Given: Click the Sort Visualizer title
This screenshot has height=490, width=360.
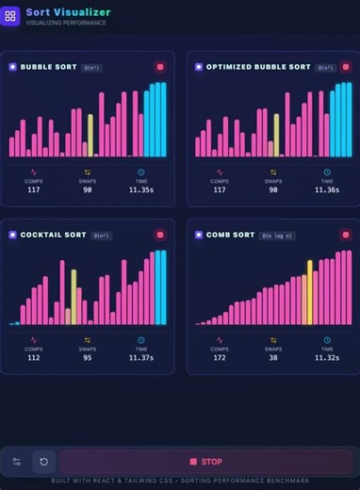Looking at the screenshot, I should (68, 12).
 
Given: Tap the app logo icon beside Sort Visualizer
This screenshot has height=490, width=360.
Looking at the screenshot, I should (11, 16).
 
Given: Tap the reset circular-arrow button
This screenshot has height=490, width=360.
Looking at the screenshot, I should (43, 462).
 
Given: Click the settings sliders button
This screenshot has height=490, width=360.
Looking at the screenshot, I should (16, 462).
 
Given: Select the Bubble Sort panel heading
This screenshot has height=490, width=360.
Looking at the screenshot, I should (48, 67).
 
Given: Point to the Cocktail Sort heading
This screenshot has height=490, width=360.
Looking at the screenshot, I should (53, 235).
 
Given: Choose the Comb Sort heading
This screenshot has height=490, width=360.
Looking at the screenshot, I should (230, 235).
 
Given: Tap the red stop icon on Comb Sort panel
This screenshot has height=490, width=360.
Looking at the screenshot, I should (346, 235).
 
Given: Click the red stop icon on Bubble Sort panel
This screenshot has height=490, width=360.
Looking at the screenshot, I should (160, 67).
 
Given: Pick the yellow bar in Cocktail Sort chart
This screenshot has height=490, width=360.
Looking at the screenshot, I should (74, 297).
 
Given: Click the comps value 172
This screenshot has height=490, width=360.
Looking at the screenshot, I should (219, 357).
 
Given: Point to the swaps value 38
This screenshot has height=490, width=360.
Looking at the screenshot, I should (273, 357).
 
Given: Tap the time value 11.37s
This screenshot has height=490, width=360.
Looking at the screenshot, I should (141, 357).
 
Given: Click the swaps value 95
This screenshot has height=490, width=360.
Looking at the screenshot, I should (88, 357).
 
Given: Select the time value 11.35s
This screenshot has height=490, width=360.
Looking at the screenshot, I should (141, 189).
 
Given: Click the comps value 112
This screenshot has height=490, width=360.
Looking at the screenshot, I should (34, 357).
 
